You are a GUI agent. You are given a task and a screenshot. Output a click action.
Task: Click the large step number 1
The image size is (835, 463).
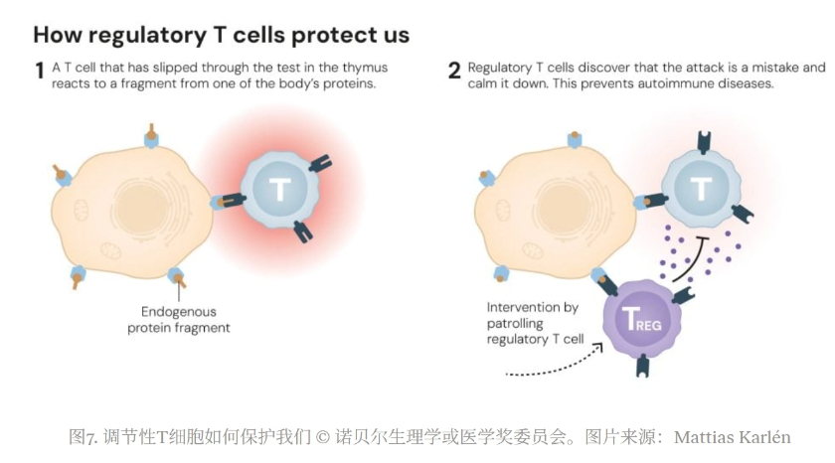(40, 71)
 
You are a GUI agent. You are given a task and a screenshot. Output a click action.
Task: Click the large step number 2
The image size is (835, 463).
(454, 71)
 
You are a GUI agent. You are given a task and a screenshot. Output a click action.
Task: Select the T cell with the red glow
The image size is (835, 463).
(279, 189)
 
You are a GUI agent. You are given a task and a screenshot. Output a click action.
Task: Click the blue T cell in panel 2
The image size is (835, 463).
(702, 187)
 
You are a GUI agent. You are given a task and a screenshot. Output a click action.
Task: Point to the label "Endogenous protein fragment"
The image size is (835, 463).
(179, 319)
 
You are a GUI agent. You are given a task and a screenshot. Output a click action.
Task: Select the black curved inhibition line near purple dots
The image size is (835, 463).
(691, 258)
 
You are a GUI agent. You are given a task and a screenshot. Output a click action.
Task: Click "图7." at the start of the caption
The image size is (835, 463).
(82, 436)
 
